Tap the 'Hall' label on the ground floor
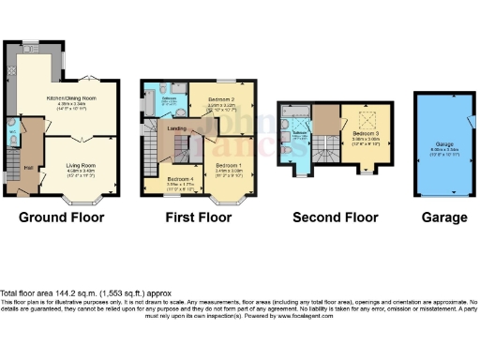[28, 167]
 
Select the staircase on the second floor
[325, 145]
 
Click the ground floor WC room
[12, 137]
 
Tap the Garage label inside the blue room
[444, 119]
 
